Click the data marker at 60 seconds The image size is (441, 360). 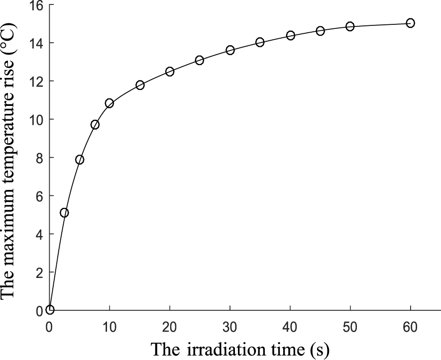tap(410, 23)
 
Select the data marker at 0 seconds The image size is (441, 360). tap(50, 310)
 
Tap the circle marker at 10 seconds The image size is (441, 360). tap(110, 103)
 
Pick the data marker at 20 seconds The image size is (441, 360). tap(170, 72)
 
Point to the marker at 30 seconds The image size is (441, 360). tap(230, 50)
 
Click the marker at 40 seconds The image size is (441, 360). tap(291, 35)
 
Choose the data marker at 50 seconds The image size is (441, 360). tap(350, 26)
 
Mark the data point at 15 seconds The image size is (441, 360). tap(140, 85)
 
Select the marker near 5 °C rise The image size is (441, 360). tap(64, 213)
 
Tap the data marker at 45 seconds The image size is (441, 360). tap(320, 31)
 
